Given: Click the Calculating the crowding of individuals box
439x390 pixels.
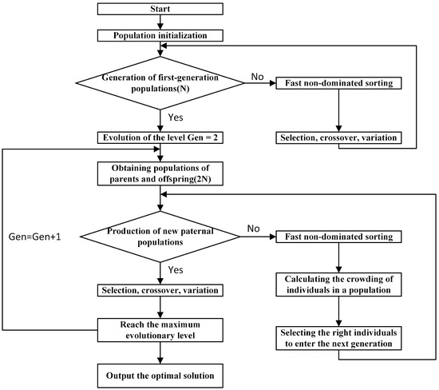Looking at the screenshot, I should coord(340,284).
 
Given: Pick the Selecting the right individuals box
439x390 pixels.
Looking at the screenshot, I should coord(340,336).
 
